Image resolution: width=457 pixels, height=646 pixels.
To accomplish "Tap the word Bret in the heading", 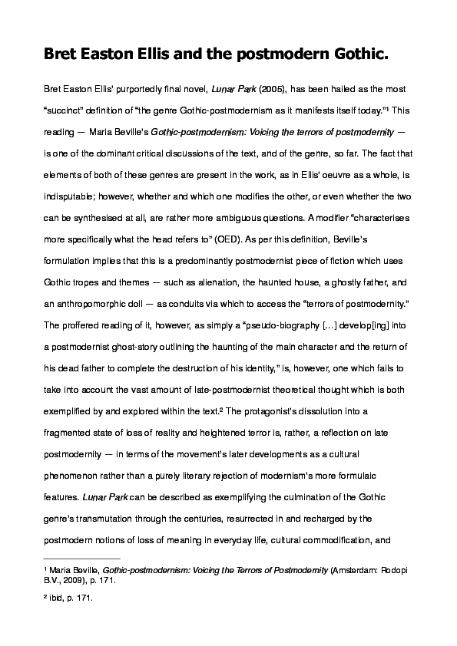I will tap(65, 54).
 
